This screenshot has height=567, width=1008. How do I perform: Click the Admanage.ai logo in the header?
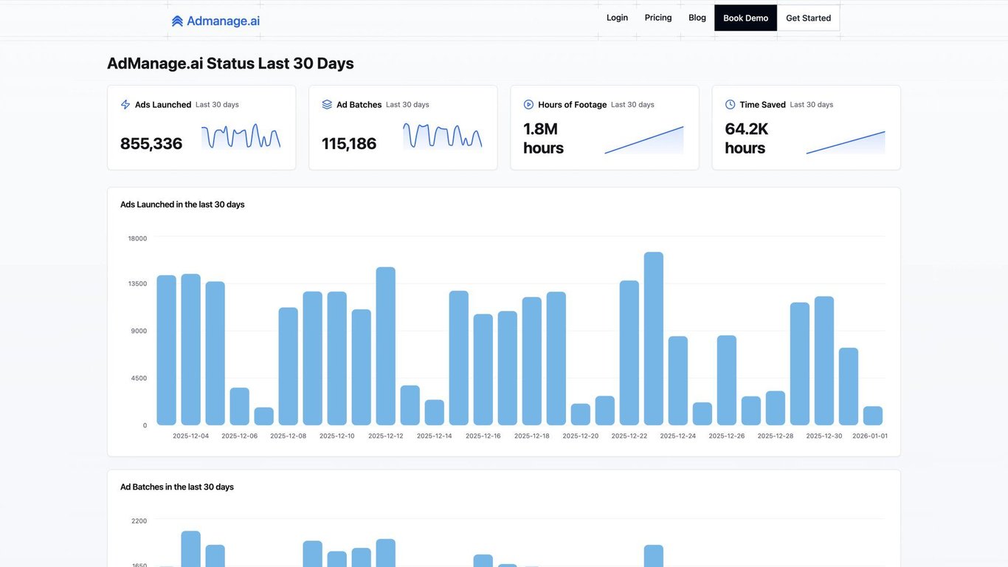pyautogui.click(x=215, y=21)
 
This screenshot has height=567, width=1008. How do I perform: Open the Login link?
pyautogui.click(x=617, y=18)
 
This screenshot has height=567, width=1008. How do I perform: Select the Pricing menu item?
pyautogui.click(x=658, y=18)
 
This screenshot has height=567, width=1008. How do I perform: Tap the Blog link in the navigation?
pyautogui.click(x=697, y=18)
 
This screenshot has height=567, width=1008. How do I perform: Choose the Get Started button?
pyautogui.click(x=808, y=18)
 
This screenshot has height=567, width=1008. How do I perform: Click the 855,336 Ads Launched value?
pyautogui.click(x=151, y=143)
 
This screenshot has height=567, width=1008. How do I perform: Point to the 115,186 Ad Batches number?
pyautogui.click(x=349, y=143)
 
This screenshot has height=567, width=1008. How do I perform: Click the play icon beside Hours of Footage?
pyautogui.click(x=528, y=105)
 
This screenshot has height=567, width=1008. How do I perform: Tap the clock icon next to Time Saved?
pyautogui.click(x=730, y=105)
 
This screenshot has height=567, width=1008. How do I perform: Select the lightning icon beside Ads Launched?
pyautogui.click(x=125, y=105)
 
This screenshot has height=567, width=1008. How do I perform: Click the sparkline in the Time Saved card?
pyautogui.click(x=845, y=142)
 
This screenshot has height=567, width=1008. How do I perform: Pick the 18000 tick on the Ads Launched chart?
pyautogui.click(x=137, y=238)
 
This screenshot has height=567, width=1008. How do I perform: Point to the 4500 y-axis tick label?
pyautogui.click(x=139, y=378)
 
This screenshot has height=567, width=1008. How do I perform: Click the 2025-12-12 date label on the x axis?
pyautogui.click(x=386, y=436)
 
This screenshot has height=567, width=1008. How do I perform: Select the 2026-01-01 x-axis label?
pyautogui.click(x=870, y=436)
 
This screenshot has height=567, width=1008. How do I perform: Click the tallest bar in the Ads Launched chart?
pyautogui.click(x=653, y=338)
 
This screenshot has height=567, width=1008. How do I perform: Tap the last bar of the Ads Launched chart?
pyautogui.click(x=872, y=416)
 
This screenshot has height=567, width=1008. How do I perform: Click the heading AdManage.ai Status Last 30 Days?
pyautogui.click(x=230, y=63)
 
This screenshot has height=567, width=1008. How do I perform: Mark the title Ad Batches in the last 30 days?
pyautogui.click(x=177, y=487)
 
